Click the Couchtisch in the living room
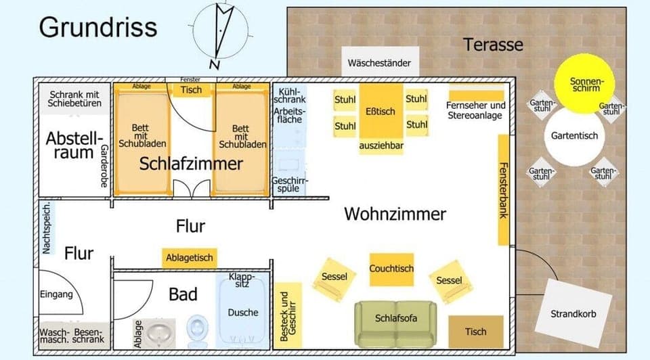(391, 269)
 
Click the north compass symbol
(221, 34)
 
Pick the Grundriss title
(97, 28)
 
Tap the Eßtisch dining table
(380, 112)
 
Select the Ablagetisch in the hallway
(190, 257)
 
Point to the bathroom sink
(158, 332)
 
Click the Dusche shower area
(243, 313)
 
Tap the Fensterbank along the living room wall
(504, 189)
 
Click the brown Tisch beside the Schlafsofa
(476, 332)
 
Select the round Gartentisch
(574, 136)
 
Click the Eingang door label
(56, 294)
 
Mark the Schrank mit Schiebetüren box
(74, 99)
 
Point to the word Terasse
(493, 45)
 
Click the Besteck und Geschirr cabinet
(287, 316)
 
